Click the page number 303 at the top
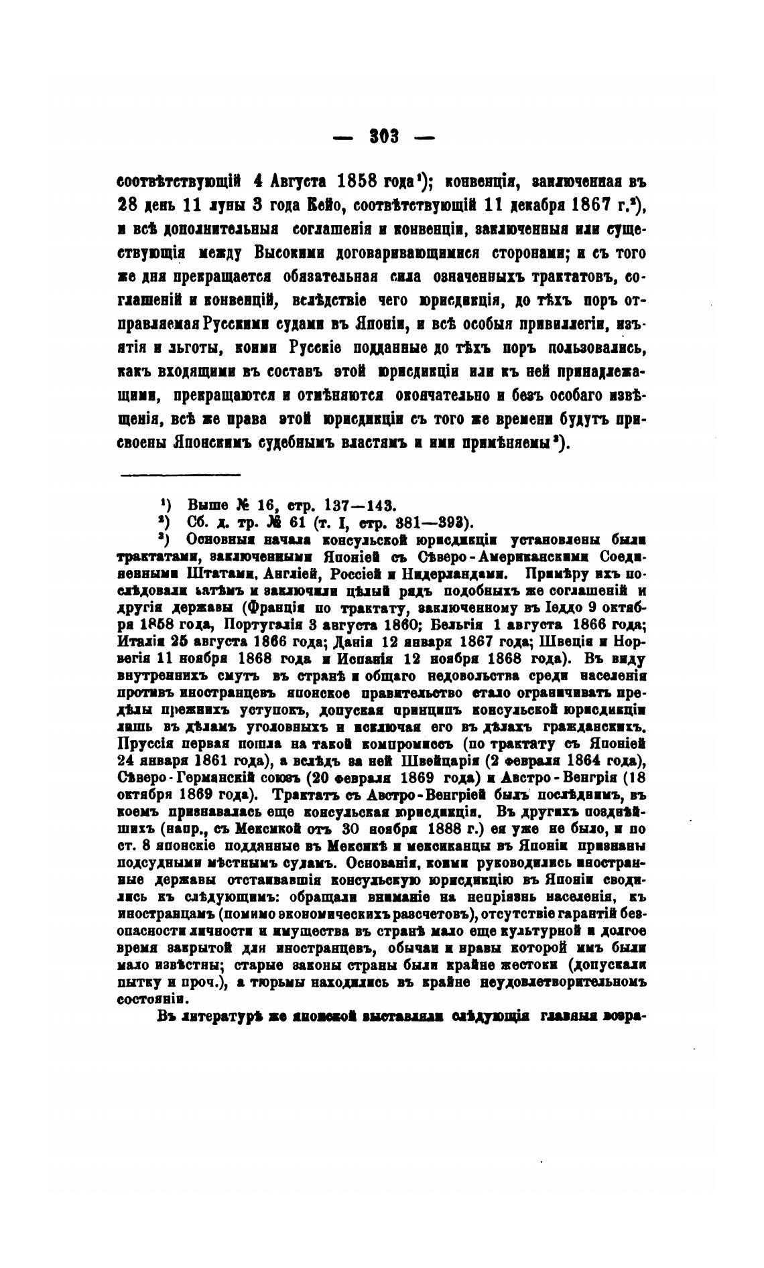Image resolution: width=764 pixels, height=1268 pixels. pyautogui.click(x=384, y=137)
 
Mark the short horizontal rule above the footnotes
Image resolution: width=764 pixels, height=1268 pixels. pyautogui.click(x=180, y=476)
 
